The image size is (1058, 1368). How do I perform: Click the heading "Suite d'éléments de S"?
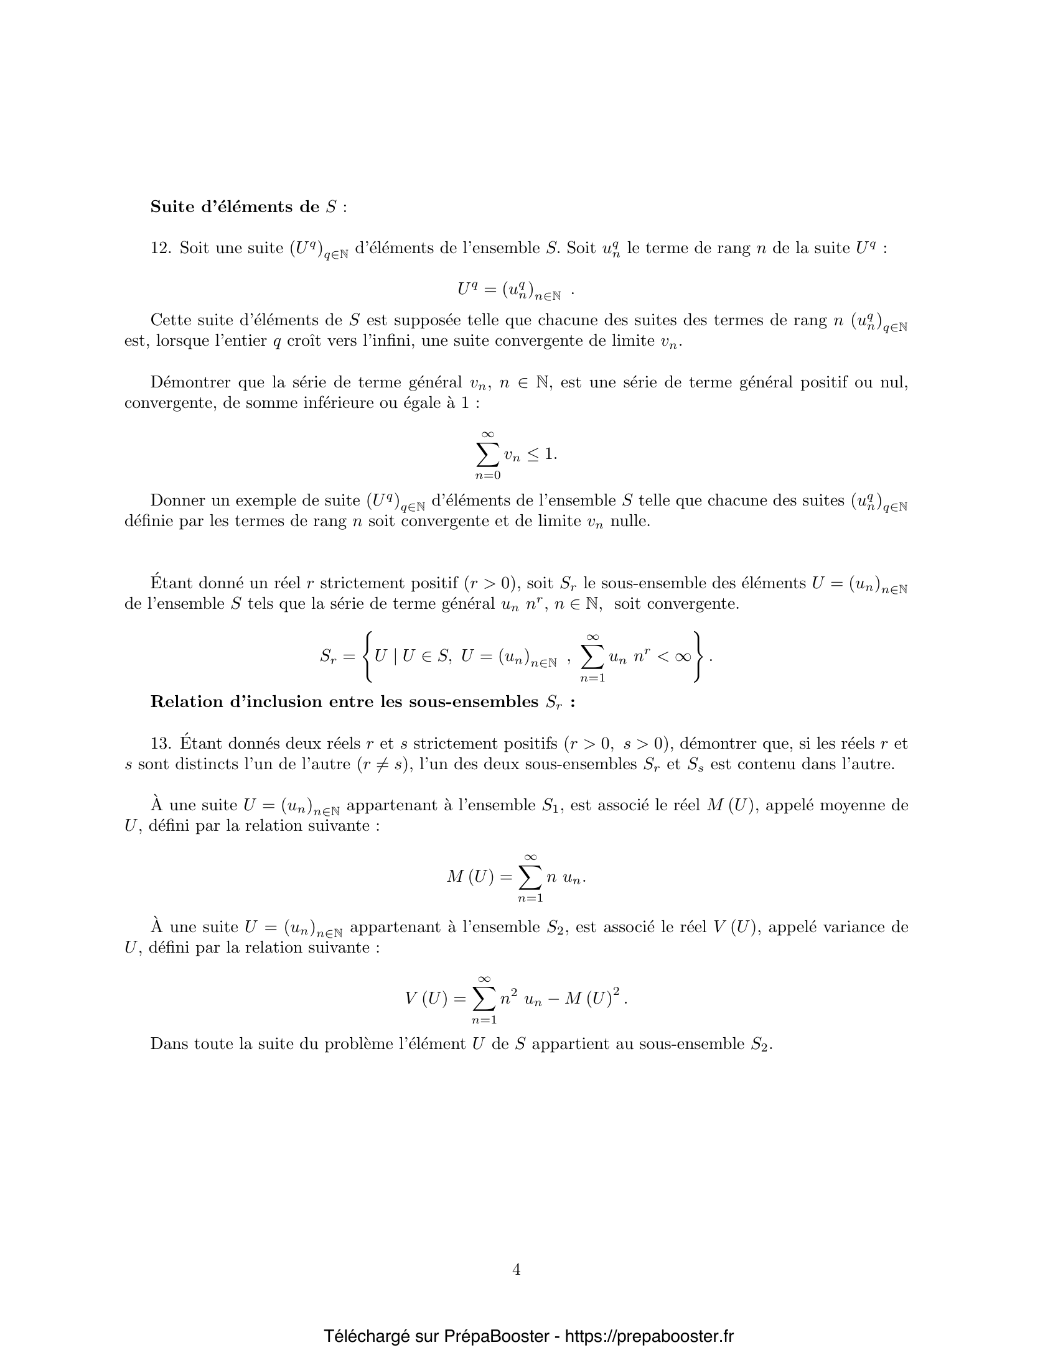(x=248, y=206)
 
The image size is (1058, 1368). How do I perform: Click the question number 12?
(x=160, y=248)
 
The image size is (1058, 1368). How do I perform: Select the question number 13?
(x=160, y=744)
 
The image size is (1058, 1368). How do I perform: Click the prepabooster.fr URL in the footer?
(x=649, y=1336)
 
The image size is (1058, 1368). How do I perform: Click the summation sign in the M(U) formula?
(x=530, y=877)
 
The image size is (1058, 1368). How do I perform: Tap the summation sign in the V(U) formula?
(x=483, y=999)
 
